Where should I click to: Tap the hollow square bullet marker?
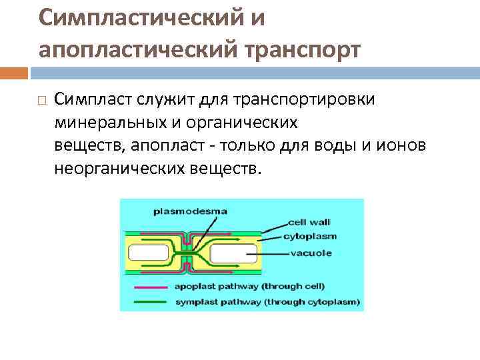[x=42, y=101]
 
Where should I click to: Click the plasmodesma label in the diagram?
[x=190, y=211]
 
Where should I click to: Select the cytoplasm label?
[x=309, y=236]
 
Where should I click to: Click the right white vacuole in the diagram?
[x=233, y=253]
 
